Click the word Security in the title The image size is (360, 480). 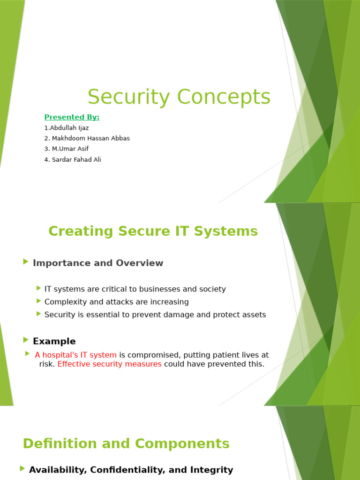click(128, 97)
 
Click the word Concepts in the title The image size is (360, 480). click(224, 97)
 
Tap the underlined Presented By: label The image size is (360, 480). click(72, 117)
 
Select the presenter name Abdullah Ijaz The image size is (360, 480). click(69, 128)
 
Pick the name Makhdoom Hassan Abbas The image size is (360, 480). click(90, 138)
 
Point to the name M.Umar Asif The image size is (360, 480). click(70, 149)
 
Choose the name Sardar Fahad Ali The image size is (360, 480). click(76, 159)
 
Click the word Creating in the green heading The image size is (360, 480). click(81, 232)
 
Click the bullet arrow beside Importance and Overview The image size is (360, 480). click(26, 262)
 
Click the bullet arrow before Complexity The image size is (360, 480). click(38, 301)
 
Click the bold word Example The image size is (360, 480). click(54, 341)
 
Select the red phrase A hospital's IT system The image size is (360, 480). click(75, 355)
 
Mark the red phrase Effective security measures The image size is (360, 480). click(109, 364)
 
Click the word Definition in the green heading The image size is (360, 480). click(60, 443)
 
